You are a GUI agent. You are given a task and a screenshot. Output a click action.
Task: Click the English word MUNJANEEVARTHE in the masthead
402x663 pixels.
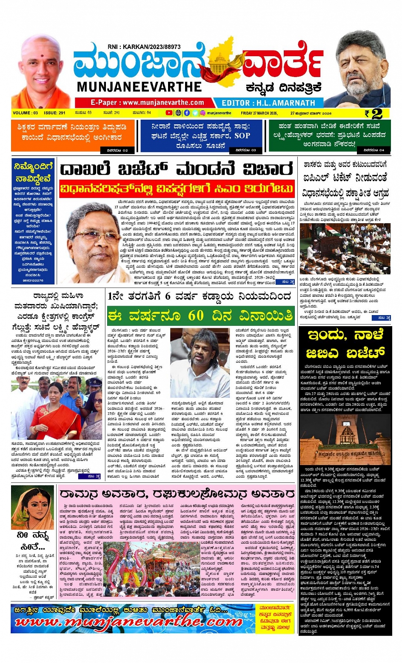click(x=140, y=87)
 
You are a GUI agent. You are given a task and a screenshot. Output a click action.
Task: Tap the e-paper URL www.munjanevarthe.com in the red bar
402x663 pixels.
click(x=147, y=103)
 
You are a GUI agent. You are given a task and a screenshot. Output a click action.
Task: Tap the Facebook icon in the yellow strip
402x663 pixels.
click(x=187, y=113)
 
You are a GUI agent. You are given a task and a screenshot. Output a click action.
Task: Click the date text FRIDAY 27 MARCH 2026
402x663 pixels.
click(x=259, y=113)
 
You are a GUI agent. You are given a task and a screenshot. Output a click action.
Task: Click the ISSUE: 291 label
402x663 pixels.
click(x=55, y=113)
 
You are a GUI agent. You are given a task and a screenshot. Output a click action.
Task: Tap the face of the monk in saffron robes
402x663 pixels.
click(x=41, y=64)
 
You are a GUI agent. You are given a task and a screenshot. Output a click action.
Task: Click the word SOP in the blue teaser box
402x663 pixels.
click(x=242, y=136)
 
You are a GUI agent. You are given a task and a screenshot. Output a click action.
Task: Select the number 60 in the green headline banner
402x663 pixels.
click(x=196, y=316)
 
